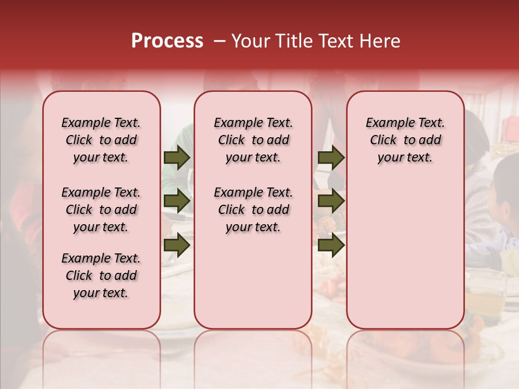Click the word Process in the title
pos(167,41)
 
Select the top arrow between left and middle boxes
pos(177,158)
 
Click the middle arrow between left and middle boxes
pos(177,202)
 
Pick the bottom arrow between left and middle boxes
pos(177,245)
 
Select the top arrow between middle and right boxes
pos(331,158)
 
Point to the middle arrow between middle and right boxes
pos(331,202)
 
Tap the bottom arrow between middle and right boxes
pos(331,245)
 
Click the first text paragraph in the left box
pos(101,140)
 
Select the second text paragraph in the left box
pos(101,210)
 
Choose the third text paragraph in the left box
pos(101,276)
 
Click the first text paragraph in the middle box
pos(254,140)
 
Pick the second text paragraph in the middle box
pos(254,210)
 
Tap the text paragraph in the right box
pos(405,140)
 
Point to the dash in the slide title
pos(220,41)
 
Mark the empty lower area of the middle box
pos(253,281)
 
